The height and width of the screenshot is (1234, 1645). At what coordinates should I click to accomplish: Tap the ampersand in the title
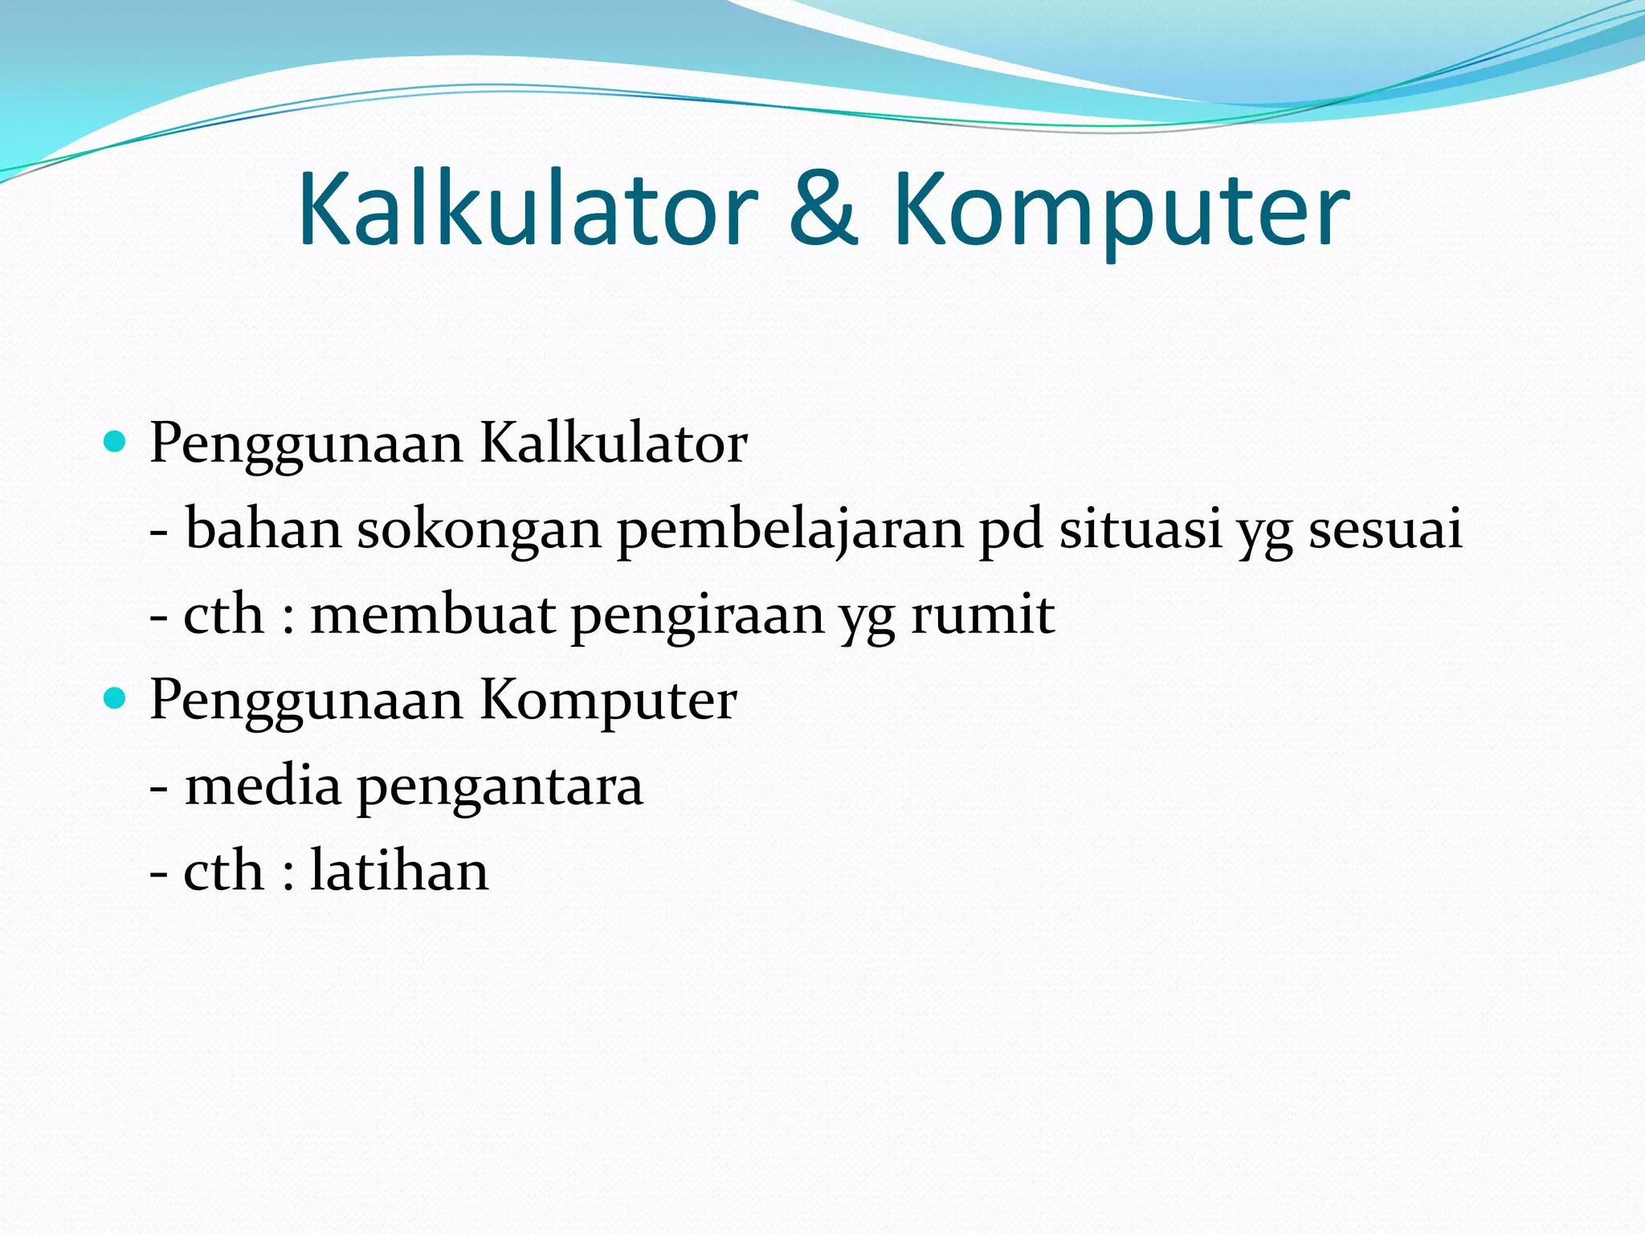coord(824,210)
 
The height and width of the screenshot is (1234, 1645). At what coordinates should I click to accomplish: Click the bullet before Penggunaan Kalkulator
coord(116,442)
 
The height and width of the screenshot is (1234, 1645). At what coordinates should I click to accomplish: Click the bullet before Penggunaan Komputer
coord(116,699)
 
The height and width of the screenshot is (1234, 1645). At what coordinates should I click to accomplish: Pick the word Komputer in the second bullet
coord(608,701)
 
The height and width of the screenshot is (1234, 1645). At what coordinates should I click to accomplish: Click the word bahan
coord(263,529)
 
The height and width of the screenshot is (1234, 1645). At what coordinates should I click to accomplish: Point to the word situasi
coord(1141,529)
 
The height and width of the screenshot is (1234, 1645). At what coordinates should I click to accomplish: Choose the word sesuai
coord(1385,529)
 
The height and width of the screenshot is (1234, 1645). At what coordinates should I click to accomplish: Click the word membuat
coord(433,615)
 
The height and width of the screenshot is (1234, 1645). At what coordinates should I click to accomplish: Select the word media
coord(263,786)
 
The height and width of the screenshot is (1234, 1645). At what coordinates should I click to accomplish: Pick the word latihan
coord(399,871)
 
